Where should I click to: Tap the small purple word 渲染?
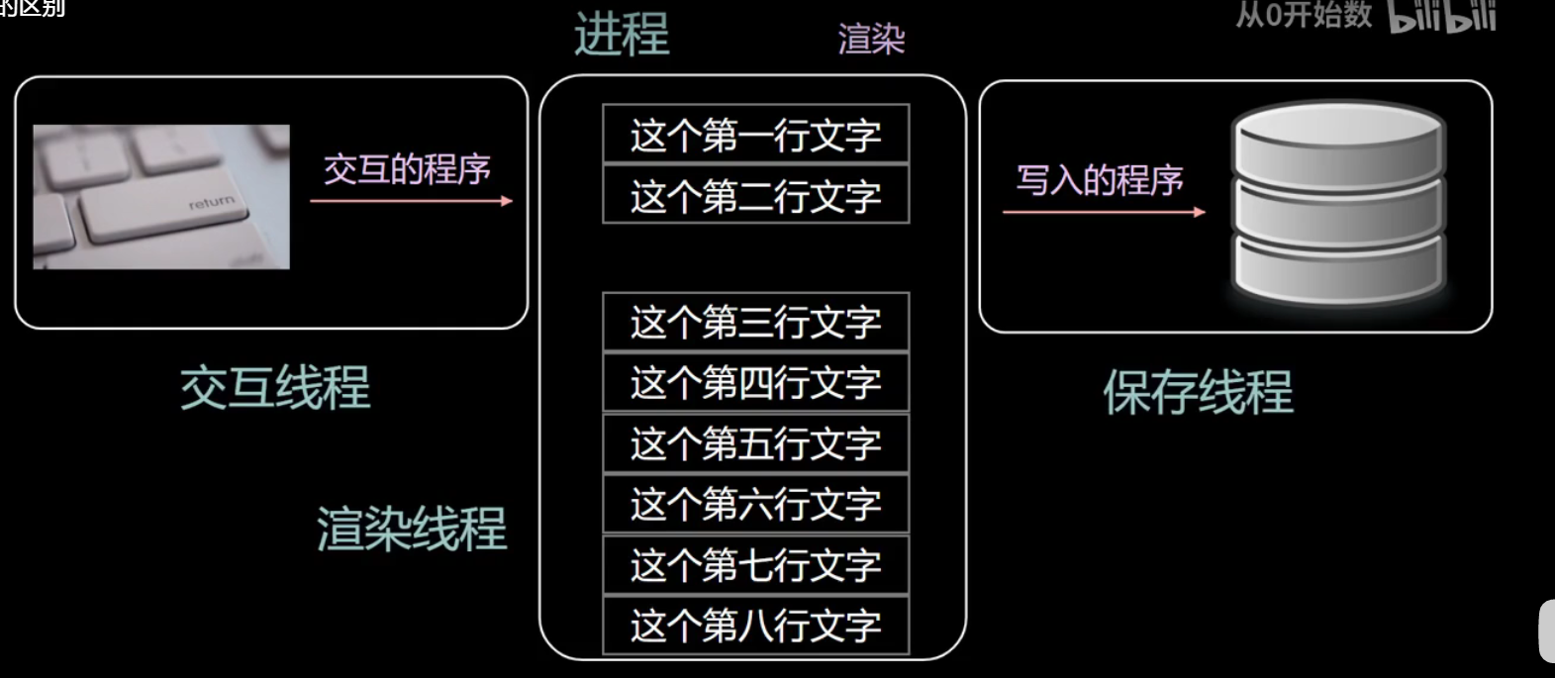coord(871,39)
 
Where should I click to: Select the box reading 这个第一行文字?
coord(755,135)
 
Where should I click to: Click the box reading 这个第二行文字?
coord(755,196)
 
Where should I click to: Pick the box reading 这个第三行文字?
coord(755,322)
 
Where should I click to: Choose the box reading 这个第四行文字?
coord(755,383)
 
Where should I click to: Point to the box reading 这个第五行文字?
coord(755,443)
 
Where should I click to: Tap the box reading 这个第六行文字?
coord(755,505)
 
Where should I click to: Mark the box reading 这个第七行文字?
coord(755,565)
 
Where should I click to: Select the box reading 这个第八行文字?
coord(755,626)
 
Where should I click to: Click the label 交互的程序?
coord(407,169)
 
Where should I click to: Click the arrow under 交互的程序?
coord(411,201)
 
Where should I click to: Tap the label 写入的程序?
coord(1100,180)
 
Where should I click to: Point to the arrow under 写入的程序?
coord(1104,212)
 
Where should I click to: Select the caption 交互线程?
coord(275,387)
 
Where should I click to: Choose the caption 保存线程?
coord(1198,392)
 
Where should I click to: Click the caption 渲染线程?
coord(412,528)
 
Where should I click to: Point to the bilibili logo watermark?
coord(1442,17)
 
